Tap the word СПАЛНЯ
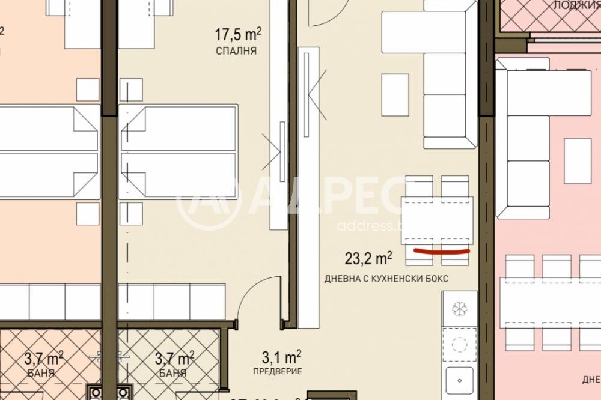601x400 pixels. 236,52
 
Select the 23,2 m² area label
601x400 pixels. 368,259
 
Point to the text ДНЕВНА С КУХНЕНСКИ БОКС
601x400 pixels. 386,279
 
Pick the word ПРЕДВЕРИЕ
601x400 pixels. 277,372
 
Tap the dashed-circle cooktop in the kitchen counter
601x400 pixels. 460,344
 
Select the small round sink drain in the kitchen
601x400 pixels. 460,380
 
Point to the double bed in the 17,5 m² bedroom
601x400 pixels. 178,153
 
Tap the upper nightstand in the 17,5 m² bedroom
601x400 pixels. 131,90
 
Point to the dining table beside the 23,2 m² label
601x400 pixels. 437,220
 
